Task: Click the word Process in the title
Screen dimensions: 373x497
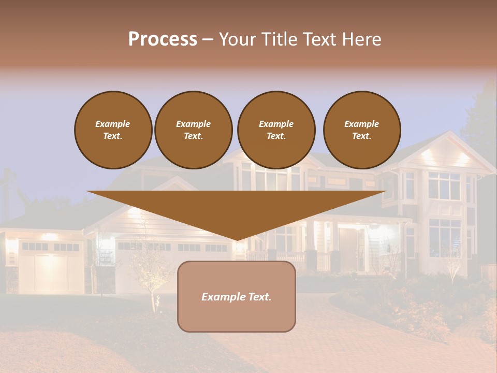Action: coord(163,39)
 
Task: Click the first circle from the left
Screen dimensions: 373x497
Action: coord(113,130)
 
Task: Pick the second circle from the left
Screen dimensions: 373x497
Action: coord(194,130)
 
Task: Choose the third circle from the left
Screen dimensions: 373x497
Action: coord(276,130)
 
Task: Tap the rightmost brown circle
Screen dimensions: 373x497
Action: coord(361,130)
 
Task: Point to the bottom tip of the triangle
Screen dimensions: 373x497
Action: coord(237,239)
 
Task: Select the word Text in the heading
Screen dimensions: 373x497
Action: coord(319,39)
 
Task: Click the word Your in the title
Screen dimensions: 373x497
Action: coord(238,39)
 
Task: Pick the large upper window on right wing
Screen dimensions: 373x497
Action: coord(444,185)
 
